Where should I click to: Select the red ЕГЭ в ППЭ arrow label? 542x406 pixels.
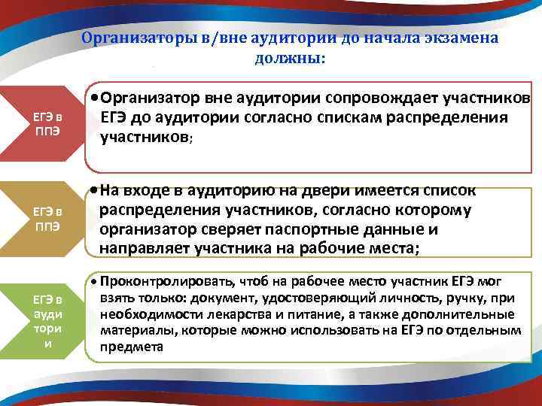point(47,120)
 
